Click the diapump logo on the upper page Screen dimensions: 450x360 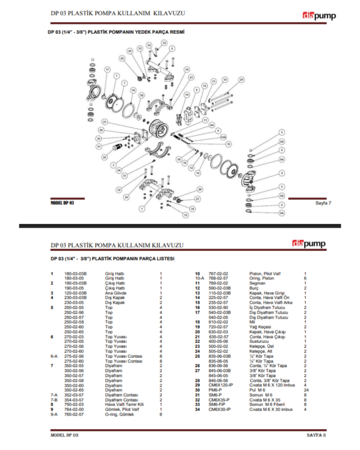319,16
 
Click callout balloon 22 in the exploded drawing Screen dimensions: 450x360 104,157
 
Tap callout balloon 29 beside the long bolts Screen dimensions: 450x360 241,80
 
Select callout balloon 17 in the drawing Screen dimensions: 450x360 107,69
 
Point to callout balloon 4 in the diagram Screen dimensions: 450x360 281,173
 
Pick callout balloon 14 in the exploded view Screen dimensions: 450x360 187,94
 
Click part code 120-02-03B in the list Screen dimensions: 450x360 75,293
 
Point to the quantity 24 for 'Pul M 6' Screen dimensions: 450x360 306,390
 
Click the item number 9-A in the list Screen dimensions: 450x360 54,414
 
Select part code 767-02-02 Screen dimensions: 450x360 218,273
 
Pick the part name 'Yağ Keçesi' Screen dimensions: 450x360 259,327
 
